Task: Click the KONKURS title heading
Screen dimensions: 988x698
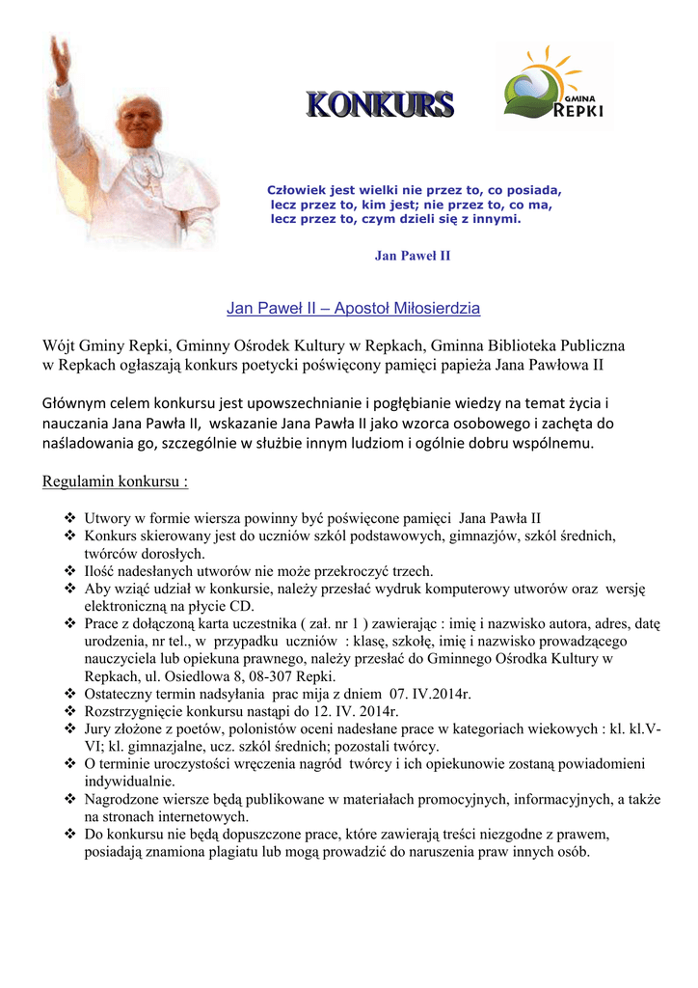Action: coord(379,105)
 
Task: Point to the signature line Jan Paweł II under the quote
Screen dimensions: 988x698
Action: coord(412,256)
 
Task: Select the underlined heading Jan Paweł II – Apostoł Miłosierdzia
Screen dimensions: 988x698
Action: coord(353,309)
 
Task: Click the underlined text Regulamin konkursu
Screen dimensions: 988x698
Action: coord(116,481)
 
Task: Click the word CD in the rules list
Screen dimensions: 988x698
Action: coord(243,607)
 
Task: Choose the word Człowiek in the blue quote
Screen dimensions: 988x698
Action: coord(299,190)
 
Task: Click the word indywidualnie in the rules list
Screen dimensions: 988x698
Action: coord(129,782)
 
